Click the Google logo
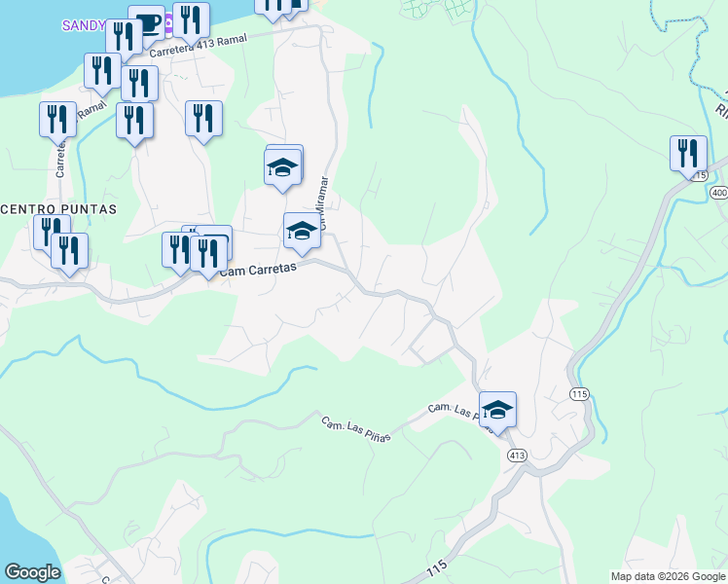coord(32,572)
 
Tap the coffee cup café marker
coord(147,23)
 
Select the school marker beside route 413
coord(497,410)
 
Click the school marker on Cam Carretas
coord(302,232)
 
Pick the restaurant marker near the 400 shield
coord(688,154)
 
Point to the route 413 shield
coord(517,455)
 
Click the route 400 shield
coord(719,193)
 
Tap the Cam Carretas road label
coord(257,271)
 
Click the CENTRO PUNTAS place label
coord(58,209)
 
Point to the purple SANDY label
coord(82,25)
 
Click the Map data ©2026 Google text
coord(667,576)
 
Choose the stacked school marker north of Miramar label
coord(283,164)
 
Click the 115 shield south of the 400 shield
coord(580,393)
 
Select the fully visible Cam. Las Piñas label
coord(356,429)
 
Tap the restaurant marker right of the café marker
coord(191,19)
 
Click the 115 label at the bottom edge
coord(437,567)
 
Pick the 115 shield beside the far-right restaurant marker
coord(701,174)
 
